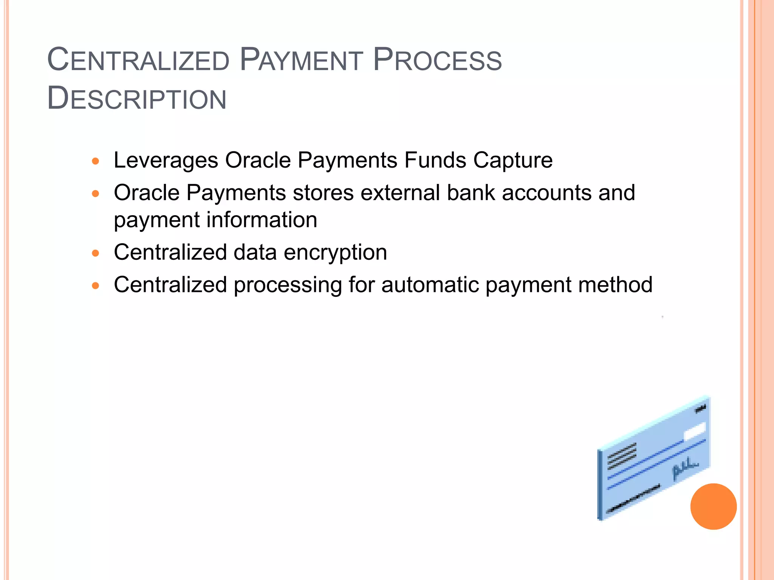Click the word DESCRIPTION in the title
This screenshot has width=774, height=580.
tap(137, 99)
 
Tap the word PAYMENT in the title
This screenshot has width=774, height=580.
tap(301, 60)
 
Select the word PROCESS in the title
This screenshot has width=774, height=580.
tap(437, 60)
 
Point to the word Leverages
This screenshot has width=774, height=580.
tap(166, 160)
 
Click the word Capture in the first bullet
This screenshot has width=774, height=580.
tap(513, 160)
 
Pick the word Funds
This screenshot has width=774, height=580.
tap(435, 160)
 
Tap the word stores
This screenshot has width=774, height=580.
tap(323, 193)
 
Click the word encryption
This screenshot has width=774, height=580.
tap(335, 252)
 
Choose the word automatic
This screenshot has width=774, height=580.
tap(430, 285)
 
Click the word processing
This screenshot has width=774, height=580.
tap(288, 285)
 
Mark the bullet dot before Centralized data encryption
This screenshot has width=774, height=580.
tap(96, 253)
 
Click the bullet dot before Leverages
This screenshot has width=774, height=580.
tap(96, 161)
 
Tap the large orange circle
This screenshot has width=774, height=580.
tap(713, 506)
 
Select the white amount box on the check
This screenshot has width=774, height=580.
tap(695, 432)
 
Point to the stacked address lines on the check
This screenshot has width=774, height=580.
tap(622, 456)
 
